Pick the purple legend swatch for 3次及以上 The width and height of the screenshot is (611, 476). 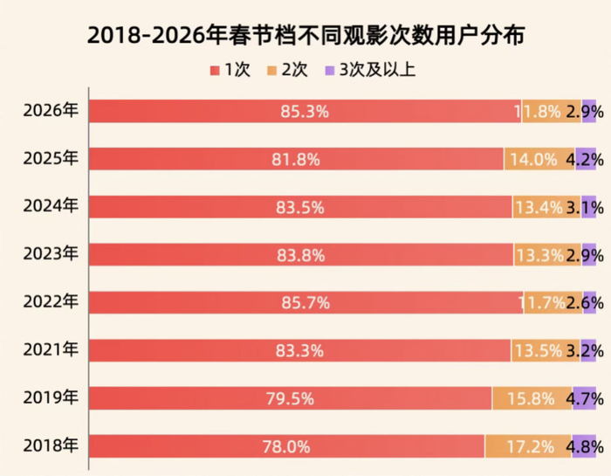click(x=330, y=69)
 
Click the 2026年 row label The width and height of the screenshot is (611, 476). click(x=50, y=111)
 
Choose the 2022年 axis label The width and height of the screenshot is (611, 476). click(x=50, y=302)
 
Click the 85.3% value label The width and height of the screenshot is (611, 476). click(x=305, y=112)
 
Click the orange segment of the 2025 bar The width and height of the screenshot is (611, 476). click(x=538, y=159)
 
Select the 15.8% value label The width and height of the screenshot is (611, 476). click(x=532, y=399)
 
